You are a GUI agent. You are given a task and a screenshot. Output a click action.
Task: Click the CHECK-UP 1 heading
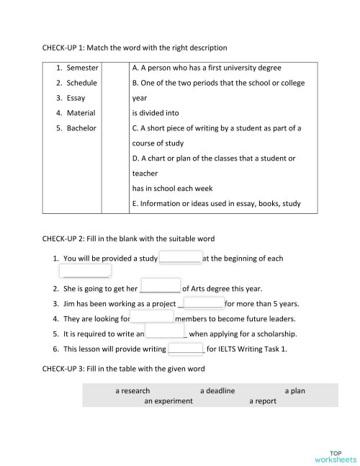point(135,48)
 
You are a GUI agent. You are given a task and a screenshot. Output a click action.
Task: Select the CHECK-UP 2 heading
point(128,238)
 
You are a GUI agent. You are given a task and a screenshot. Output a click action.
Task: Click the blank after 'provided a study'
point(180,258)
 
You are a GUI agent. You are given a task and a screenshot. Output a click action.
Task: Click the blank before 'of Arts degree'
point(160,287)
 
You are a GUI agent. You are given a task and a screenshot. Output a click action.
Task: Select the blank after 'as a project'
point(204,303)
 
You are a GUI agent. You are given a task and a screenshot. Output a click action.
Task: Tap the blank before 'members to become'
point(152,318)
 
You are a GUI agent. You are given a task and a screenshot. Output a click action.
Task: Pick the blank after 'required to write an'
point(166,333)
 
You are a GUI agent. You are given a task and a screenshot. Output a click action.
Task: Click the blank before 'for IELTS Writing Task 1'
point(186,349)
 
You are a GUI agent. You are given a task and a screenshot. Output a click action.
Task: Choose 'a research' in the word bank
point(132,391)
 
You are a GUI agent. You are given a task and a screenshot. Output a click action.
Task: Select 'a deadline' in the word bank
point(217,391)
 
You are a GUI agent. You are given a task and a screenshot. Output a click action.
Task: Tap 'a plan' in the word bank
point(295,391)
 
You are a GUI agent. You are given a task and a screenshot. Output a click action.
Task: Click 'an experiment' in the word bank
point(168,401)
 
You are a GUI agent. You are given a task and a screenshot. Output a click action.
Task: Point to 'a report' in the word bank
point(263,401)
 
